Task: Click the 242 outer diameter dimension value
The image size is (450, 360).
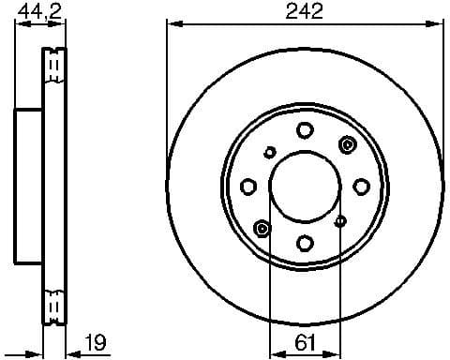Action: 306,11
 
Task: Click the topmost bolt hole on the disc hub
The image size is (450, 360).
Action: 306,130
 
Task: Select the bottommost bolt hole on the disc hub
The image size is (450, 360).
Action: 306,244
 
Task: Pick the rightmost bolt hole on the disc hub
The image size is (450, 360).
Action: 362,187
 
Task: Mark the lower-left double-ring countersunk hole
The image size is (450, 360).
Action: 262,229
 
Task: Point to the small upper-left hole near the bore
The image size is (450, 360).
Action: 270,152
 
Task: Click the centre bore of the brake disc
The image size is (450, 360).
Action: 306,187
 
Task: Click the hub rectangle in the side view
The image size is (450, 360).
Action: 29,187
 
